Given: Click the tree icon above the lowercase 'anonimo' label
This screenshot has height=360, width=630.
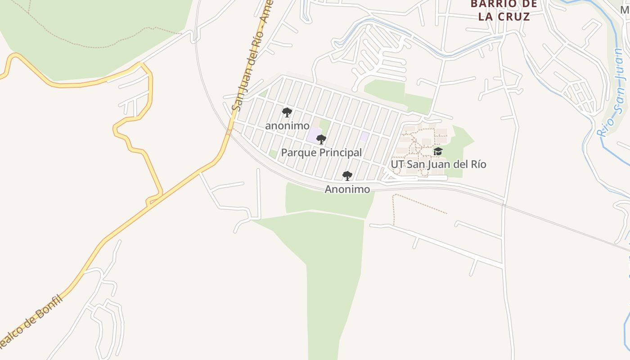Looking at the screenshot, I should point(287,112).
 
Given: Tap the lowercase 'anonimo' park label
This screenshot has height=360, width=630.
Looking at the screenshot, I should point(287,126).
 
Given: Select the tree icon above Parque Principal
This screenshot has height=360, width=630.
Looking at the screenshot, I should point(321,139).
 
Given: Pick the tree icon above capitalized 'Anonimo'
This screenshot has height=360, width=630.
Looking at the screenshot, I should point(347,176).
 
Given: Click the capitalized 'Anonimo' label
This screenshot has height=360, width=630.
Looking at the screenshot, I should point(347,189).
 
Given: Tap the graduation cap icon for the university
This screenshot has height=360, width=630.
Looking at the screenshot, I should point(438,151).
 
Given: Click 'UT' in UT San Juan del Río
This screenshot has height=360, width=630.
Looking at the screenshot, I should point(397,164).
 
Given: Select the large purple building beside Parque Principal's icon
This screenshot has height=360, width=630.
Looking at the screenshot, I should point(314,135).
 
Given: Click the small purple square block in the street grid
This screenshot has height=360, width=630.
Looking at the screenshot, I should point(364,136).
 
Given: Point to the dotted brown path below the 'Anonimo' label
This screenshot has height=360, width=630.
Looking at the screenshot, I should point(418,203).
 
